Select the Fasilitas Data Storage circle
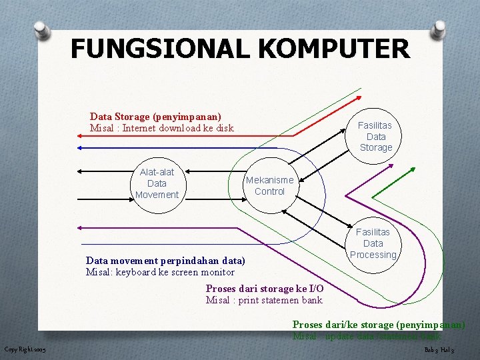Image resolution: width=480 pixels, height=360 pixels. (375, 137)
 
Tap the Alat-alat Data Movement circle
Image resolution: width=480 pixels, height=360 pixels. (157, 183)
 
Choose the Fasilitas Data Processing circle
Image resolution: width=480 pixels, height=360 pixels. (373, 243)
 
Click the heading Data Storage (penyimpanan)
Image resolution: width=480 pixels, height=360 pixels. (155, 117)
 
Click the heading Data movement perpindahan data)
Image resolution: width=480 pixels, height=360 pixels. (165, 261)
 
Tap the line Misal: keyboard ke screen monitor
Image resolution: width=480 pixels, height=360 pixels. (160, 272)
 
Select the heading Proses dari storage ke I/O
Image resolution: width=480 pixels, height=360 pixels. (265, 289)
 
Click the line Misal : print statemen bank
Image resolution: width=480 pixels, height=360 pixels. (264, 300)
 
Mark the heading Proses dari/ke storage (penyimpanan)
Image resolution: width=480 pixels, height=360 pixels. (378, 325)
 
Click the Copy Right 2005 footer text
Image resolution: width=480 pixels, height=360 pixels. (25, 349)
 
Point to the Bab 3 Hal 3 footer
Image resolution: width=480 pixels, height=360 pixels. (439, 350)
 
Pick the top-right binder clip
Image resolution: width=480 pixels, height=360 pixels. (439, 29)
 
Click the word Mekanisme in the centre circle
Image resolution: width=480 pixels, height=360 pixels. (269, 180)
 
